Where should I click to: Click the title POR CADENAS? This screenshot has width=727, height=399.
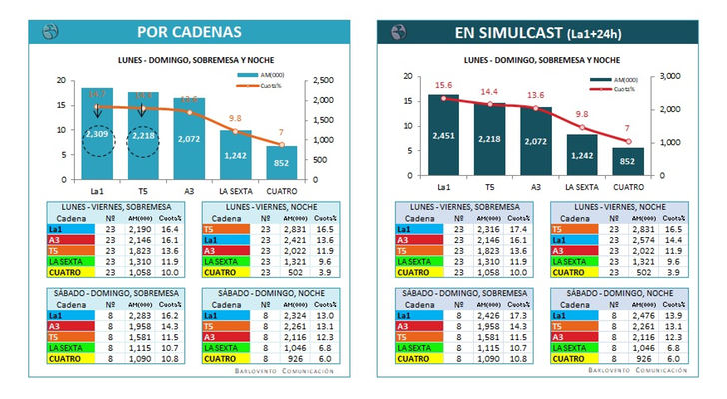(x=189, y=32)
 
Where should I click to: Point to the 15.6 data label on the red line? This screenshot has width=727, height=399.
(x=444, y=86)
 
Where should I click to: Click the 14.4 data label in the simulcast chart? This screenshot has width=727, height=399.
(x=488, y=92)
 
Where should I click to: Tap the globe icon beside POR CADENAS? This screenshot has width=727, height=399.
(x=50, y=31)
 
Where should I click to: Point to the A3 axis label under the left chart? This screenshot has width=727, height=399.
(x=189, y=187)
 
